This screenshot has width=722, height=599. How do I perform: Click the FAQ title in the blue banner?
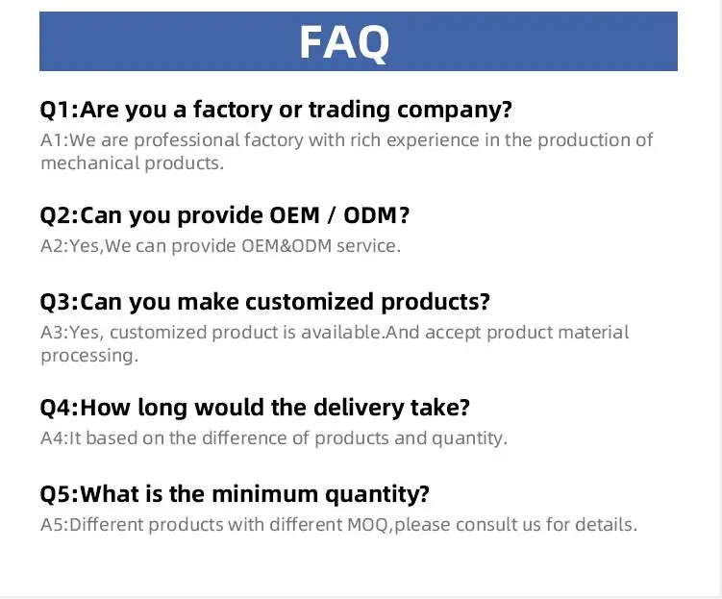point(344,42)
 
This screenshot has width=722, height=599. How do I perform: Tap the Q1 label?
point(55,110)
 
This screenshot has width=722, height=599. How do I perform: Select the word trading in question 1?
point(350,110)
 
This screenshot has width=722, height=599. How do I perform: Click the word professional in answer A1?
point(187,140)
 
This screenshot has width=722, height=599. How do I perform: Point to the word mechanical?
point(89,163)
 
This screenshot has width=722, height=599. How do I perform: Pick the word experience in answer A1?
point(433,140)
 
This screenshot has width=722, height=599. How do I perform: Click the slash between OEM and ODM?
point(332,215)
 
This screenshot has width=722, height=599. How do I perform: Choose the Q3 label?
point(55,303)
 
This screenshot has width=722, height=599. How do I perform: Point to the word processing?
point(87,356)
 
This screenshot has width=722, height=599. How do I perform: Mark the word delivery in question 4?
point(359,408)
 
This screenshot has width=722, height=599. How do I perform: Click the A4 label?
point(54,437)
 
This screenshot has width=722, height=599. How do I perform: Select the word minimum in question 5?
point(264,494)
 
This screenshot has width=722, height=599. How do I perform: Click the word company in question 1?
point(450,111)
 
